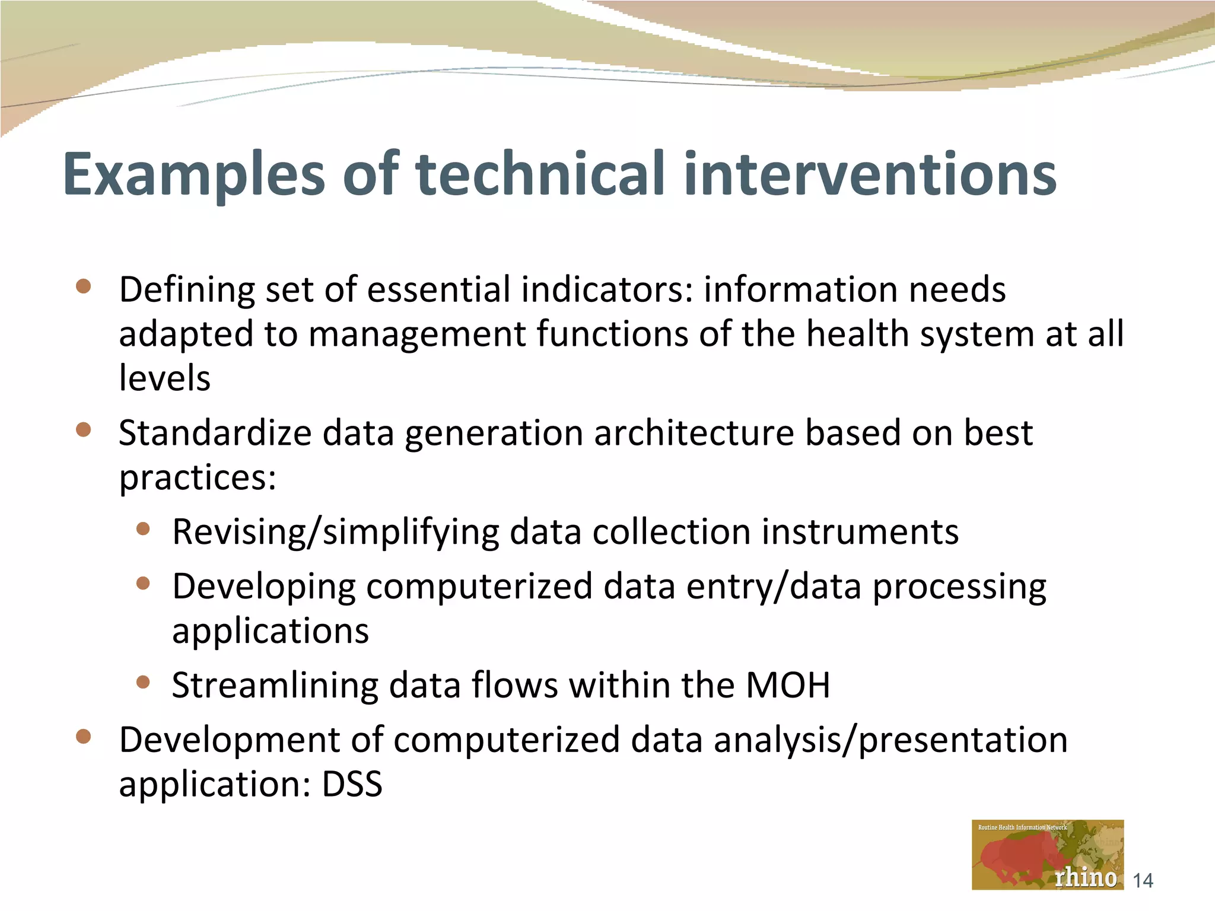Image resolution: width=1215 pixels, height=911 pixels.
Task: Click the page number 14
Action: click(1143, 881)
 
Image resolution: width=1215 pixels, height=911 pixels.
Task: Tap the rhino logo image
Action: click(1047, 854)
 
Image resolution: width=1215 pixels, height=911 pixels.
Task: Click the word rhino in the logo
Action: click(1086, 877)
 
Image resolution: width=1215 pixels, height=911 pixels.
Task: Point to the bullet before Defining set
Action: click(84, 287)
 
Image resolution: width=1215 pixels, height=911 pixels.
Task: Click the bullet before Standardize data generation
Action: click(84, 429)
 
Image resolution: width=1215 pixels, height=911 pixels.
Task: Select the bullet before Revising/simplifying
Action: click(143, 528)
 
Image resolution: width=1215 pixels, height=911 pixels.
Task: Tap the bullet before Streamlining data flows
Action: click(143, 682)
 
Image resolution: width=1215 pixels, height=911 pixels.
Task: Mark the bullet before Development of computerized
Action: click(84, 737)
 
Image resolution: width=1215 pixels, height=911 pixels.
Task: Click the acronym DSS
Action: click(352, 784)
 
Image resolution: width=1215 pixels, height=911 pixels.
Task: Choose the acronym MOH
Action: click(787, 686)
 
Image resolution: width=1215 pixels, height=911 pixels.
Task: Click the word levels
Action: click(164, 378)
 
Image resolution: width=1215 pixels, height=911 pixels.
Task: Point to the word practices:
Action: click(198, 478)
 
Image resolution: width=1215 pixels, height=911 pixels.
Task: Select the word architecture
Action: click(694, 433)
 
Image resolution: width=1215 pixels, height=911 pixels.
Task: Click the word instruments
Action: click(860, 531)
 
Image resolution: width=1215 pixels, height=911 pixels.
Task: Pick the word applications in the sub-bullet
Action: click(271, 631)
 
